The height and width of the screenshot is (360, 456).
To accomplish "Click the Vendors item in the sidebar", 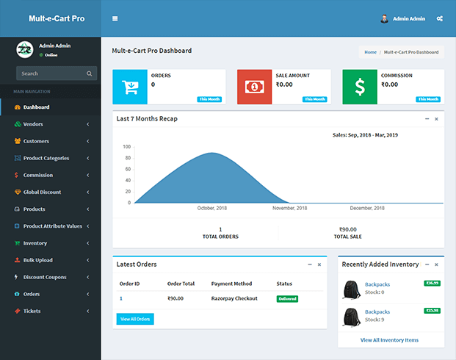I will (x=33, y=124).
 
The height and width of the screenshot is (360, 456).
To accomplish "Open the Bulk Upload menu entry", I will (x=37, y=260).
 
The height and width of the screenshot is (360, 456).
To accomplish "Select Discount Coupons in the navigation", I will (x=44, y=277).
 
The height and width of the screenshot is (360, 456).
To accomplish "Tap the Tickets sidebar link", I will (x=32, y=311).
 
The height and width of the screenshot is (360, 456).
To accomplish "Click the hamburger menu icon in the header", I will (x=115, y=18).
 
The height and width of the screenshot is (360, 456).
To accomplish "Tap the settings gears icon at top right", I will (x=440, y=18).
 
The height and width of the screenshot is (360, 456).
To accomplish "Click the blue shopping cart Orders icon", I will (x=130, y=87).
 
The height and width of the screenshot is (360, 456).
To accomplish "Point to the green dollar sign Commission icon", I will (x=360, y=87).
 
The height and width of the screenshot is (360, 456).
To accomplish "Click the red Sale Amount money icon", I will (x=254, y=87).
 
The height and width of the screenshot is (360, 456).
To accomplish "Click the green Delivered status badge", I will (x=287, y=299).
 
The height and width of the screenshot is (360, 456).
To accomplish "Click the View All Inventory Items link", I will (x=389, y=340).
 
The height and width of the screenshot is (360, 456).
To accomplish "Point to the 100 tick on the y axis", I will (x=127, y=147).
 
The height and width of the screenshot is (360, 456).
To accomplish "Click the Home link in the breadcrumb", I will (x=370, y=52).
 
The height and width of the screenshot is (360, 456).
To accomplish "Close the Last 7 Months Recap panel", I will (x=436, y=118).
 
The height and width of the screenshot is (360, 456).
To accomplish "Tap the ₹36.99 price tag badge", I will (x=432, y=283).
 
